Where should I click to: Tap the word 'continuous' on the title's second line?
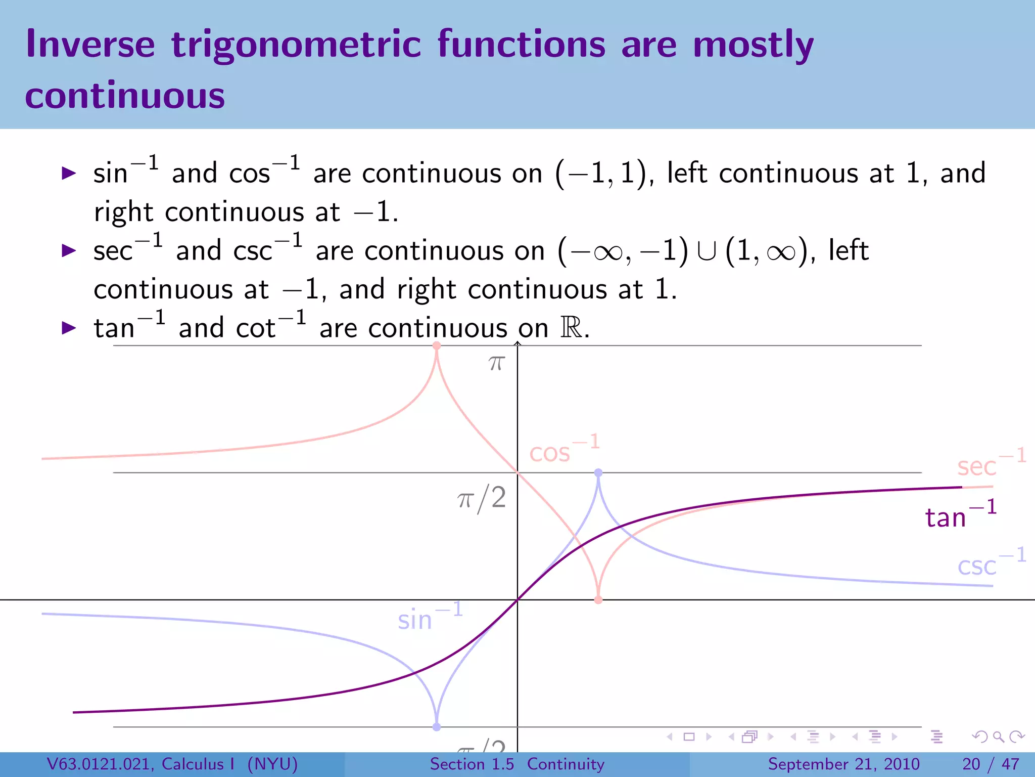(x=125, y=96)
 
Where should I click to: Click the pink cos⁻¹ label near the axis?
(x=563, y=450)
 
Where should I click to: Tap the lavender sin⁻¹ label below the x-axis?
(x=430, y=617)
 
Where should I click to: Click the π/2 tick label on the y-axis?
(x=482, y=498)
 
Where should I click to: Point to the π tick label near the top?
(x=496, y=363)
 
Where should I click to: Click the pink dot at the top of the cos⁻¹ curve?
(x=437, y=346)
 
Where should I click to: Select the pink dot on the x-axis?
(x=598, y=600)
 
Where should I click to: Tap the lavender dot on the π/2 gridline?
(x=598, y=472)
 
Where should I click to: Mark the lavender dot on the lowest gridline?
(x=437, y=727)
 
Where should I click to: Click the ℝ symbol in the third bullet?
(x=571, y=328)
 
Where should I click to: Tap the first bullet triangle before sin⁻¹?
(x=69, y=174)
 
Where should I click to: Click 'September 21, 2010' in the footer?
(x=843, y=764)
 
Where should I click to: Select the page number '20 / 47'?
(x=991, y=764)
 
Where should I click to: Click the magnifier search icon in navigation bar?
(x=998, y=737)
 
